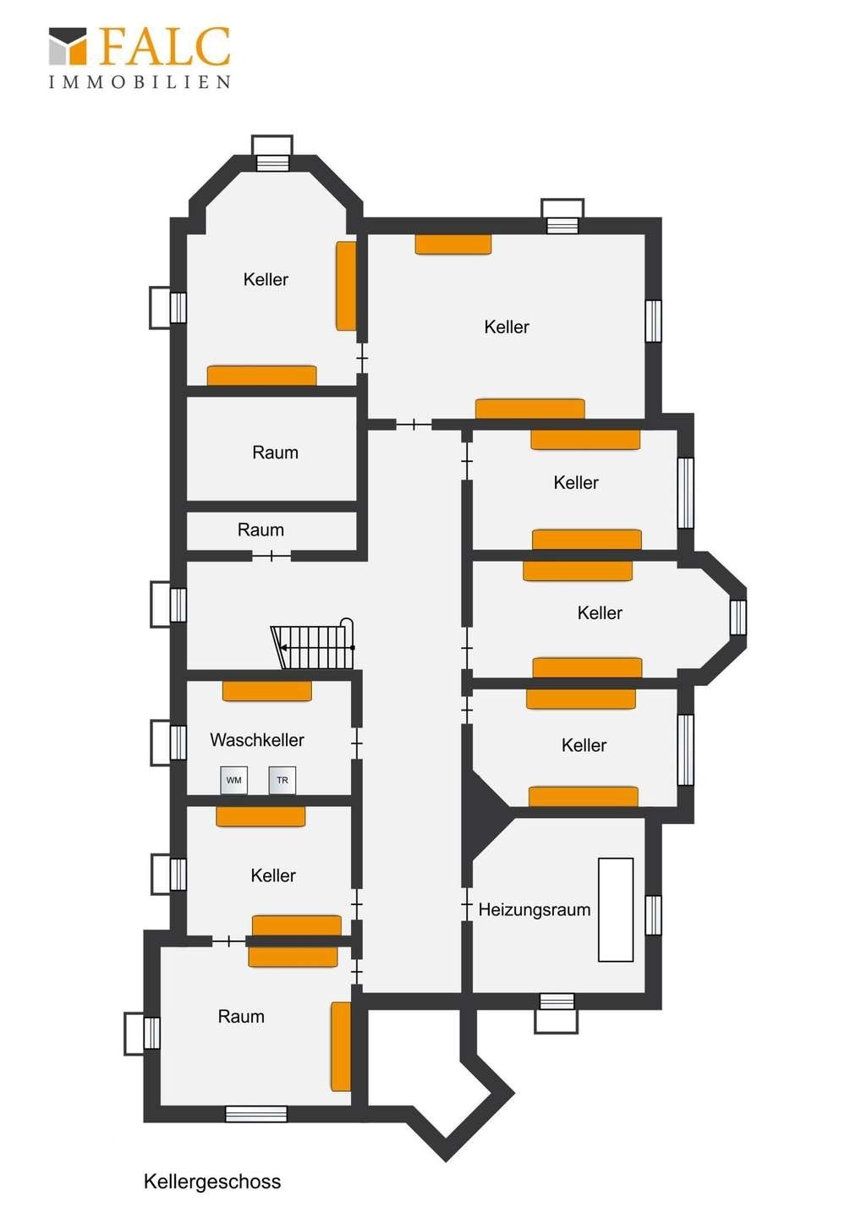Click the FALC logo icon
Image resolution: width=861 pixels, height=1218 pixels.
pos(68,46)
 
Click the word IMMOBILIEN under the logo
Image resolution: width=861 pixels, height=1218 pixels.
pos(140,82)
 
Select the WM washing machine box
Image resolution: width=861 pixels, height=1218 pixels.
pos(233,780)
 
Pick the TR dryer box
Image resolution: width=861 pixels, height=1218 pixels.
pos(282,780)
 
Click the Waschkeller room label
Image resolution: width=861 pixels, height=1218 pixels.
pos(257,739)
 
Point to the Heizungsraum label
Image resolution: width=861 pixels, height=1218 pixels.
pos(535,910)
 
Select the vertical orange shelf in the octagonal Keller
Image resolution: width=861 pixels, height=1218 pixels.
pos(346,286)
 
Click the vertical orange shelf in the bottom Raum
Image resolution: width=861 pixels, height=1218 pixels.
pos(341,1046)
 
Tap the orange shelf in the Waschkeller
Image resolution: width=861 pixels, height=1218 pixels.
pos(267,691)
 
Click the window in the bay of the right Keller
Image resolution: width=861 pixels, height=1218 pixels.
pos(738,617)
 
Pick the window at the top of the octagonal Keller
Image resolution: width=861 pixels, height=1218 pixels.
pos(272,163)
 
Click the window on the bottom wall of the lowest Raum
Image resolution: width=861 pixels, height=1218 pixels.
pos(256,1114)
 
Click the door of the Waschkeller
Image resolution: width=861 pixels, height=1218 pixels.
pos(357,743)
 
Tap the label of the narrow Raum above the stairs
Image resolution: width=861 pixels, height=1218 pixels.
pos(260,529)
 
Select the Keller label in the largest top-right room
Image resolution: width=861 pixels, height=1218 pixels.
pos(507,326)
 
